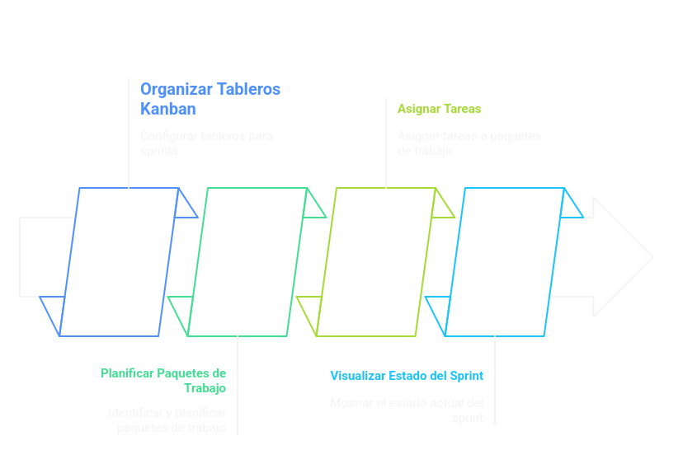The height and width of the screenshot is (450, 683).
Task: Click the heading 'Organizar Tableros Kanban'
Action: [x=210, y=99]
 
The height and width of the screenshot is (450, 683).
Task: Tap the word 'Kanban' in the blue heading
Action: [x=167, y=109]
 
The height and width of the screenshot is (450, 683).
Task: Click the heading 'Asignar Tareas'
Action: [x=439, y=109]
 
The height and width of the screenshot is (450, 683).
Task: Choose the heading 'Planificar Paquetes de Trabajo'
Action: [x=163, y=380]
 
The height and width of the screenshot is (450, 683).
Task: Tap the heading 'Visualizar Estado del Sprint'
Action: [x=407, y=376]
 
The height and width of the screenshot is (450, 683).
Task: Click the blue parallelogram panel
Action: [x=120, y=262]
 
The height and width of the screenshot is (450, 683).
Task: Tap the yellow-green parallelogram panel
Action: [x=376, y=262]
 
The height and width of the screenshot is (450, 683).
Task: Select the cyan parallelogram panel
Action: [x=504, y=262]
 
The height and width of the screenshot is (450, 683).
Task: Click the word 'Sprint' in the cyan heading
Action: [x=467, y=376]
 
